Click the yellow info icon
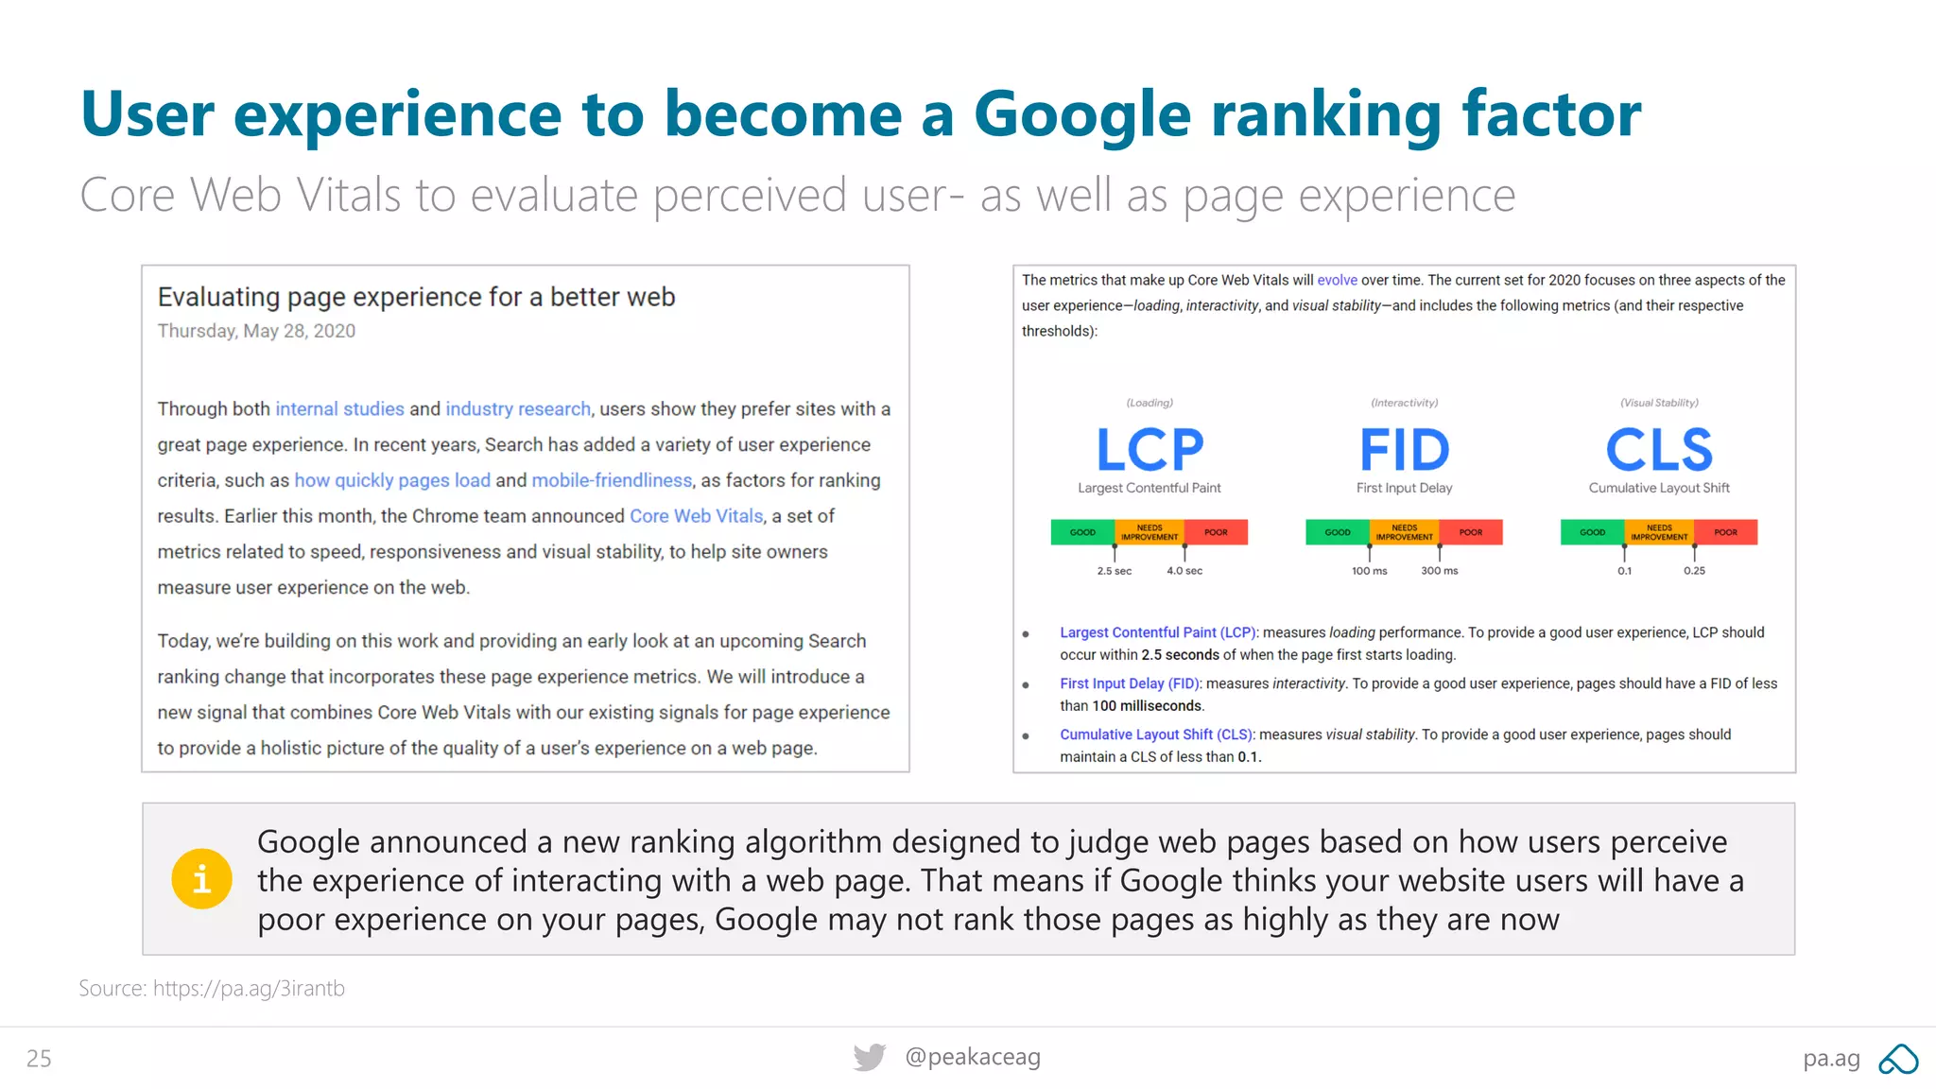[201, 879]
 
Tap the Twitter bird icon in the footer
[870, 1057]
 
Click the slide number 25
[39, 1059]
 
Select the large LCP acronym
[1149, 450]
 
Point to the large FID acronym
[1404, 450]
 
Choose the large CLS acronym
[1659, 450]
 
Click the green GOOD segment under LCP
[1082, 532]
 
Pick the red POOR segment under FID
[1471, 532]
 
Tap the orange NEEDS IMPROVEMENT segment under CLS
[1659, 532]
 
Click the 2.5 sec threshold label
[1115, 571]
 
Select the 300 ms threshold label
[1439, 571]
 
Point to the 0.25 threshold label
[1694, 571]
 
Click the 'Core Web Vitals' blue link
[697, 516]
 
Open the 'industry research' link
[518, 408]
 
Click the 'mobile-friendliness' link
[612, 480]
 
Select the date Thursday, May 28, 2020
[256, 331]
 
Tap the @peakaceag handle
[973, 1057]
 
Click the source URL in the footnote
[249, 989]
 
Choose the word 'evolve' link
[1337, 280]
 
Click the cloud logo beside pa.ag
[1898, 1059]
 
